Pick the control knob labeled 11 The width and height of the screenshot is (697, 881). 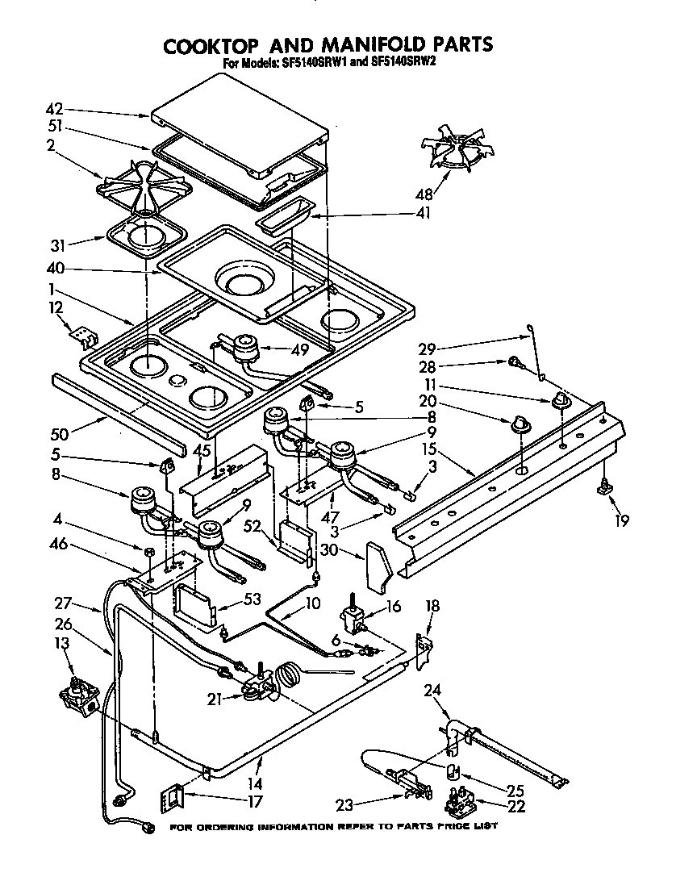tap(561, 401)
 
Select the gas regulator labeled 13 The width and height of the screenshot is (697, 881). tap(79, 695)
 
